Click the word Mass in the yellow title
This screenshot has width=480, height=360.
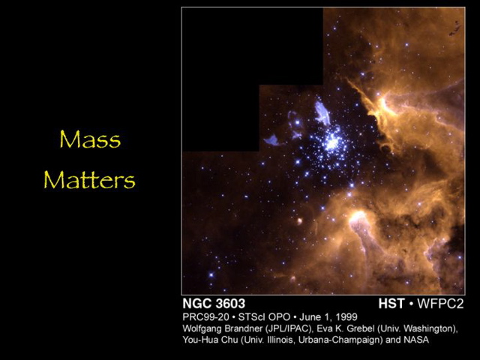coord(89,140)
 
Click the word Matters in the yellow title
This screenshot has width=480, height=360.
coord(89,180)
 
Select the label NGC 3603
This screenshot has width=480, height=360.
coord(213,304)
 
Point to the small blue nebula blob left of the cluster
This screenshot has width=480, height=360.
coord(271,139)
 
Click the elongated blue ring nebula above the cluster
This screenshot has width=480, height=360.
coord(322,112)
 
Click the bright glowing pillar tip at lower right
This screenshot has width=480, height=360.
coord(358,218)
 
